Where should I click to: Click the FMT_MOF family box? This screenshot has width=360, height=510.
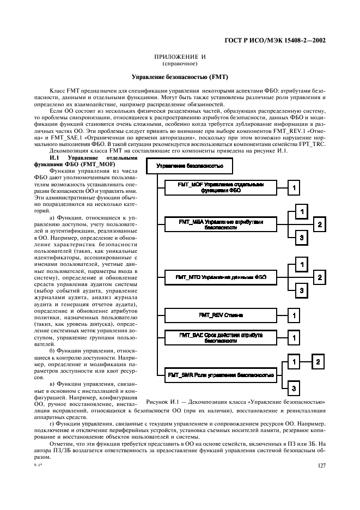(x=221, y=187)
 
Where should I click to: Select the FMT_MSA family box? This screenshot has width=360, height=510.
(x=221, y=224)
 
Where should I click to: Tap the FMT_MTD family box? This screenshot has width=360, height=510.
(x=221, y=277)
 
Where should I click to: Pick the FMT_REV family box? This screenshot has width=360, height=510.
(x=221, y=315)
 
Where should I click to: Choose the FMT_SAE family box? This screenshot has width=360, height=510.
(x=221, y=338)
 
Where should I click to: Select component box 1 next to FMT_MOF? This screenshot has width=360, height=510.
(x=294, y=188)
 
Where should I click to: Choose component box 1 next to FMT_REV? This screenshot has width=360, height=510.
(x=294, y=315)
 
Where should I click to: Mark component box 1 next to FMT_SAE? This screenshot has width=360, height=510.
(x=294, y=338)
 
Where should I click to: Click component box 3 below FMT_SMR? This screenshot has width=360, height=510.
(x=294, y=388)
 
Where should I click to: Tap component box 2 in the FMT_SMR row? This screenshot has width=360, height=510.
(x=320, y=361)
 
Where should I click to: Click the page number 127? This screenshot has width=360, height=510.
(x=321, y=465)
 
